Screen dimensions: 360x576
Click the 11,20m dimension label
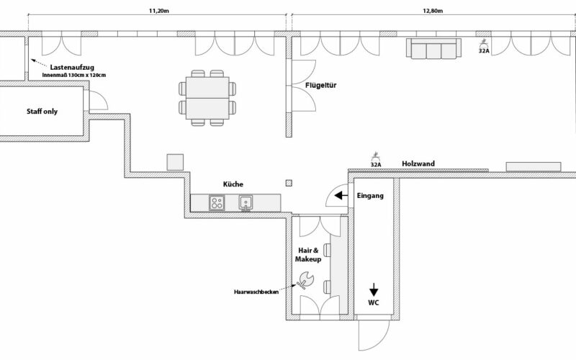click(159, 12)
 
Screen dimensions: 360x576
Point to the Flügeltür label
click(321, 86)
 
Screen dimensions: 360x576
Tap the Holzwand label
click(418, 163)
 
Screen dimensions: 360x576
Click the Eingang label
click(372, 195)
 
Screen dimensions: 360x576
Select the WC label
click(374, 303)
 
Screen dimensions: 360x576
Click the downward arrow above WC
click(374, 288)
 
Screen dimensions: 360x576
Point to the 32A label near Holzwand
click(375, 164)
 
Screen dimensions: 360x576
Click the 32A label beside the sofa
click(485, 51)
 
